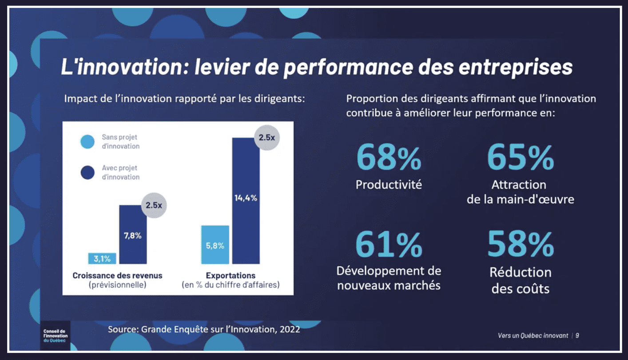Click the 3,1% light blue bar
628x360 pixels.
[102, 258]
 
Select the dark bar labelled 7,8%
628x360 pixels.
[132, 235]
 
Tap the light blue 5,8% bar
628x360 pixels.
[215, 245]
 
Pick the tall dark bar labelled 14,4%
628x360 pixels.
[246, 200]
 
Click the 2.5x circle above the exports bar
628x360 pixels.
[266, 138]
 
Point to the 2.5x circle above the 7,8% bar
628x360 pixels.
[154, 206]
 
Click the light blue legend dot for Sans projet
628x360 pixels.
[87, 142]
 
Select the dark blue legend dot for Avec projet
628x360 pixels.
[87, 172]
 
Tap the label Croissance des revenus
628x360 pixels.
[117, 276]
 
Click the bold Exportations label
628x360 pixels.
[231, 276]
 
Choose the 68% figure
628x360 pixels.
[389, 158]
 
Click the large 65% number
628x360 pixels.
[521, 158]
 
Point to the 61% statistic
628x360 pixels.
[389, 244]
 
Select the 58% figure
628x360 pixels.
[521, 244]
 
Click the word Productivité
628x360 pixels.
[389, 184]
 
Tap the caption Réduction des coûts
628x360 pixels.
[521, 280]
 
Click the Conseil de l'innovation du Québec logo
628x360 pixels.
[55, 336]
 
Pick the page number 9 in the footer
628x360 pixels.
[577, 336]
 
